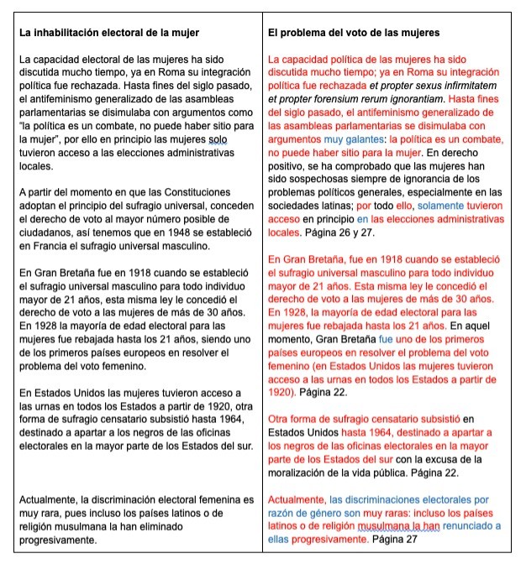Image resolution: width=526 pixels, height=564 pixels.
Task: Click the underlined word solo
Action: [217, 138]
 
